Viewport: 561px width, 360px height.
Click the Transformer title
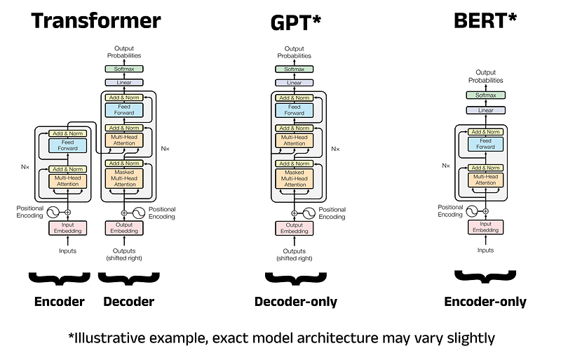pos(96,20)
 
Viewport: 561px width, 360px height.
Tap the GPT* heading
pos(295,22)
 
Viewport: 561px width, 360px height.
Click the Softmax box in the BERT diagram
pos(485,95)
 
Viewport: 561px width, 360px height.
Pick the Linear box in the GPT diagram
pos(295,83)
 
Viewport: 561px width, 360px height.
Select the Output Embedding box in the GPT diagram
pos(295,227)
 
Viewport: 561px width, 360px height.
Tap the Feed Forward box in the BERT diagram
pos(485,144)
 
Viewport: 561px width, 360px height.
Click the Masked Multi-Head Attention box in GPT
pos(295,178)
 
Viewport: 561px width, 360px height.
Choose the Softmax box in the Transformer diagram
pos(124,69)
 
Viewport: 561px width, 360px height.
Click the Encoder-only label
pos(485,302)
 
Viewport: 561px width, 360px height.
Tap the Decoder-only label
pos(295,302)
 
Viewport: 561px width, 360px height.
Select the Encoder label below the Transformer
pos(60,302)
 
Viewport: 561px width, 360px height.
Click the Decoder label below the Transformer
pos(128,302)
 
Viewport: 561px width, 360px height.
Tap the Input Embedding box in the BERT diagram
pos(485,227)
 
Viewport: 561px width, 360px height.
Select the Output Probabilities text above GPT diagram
pos(295,51)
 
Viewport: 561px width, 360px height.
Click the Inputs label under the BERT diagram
pos(485,251)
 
